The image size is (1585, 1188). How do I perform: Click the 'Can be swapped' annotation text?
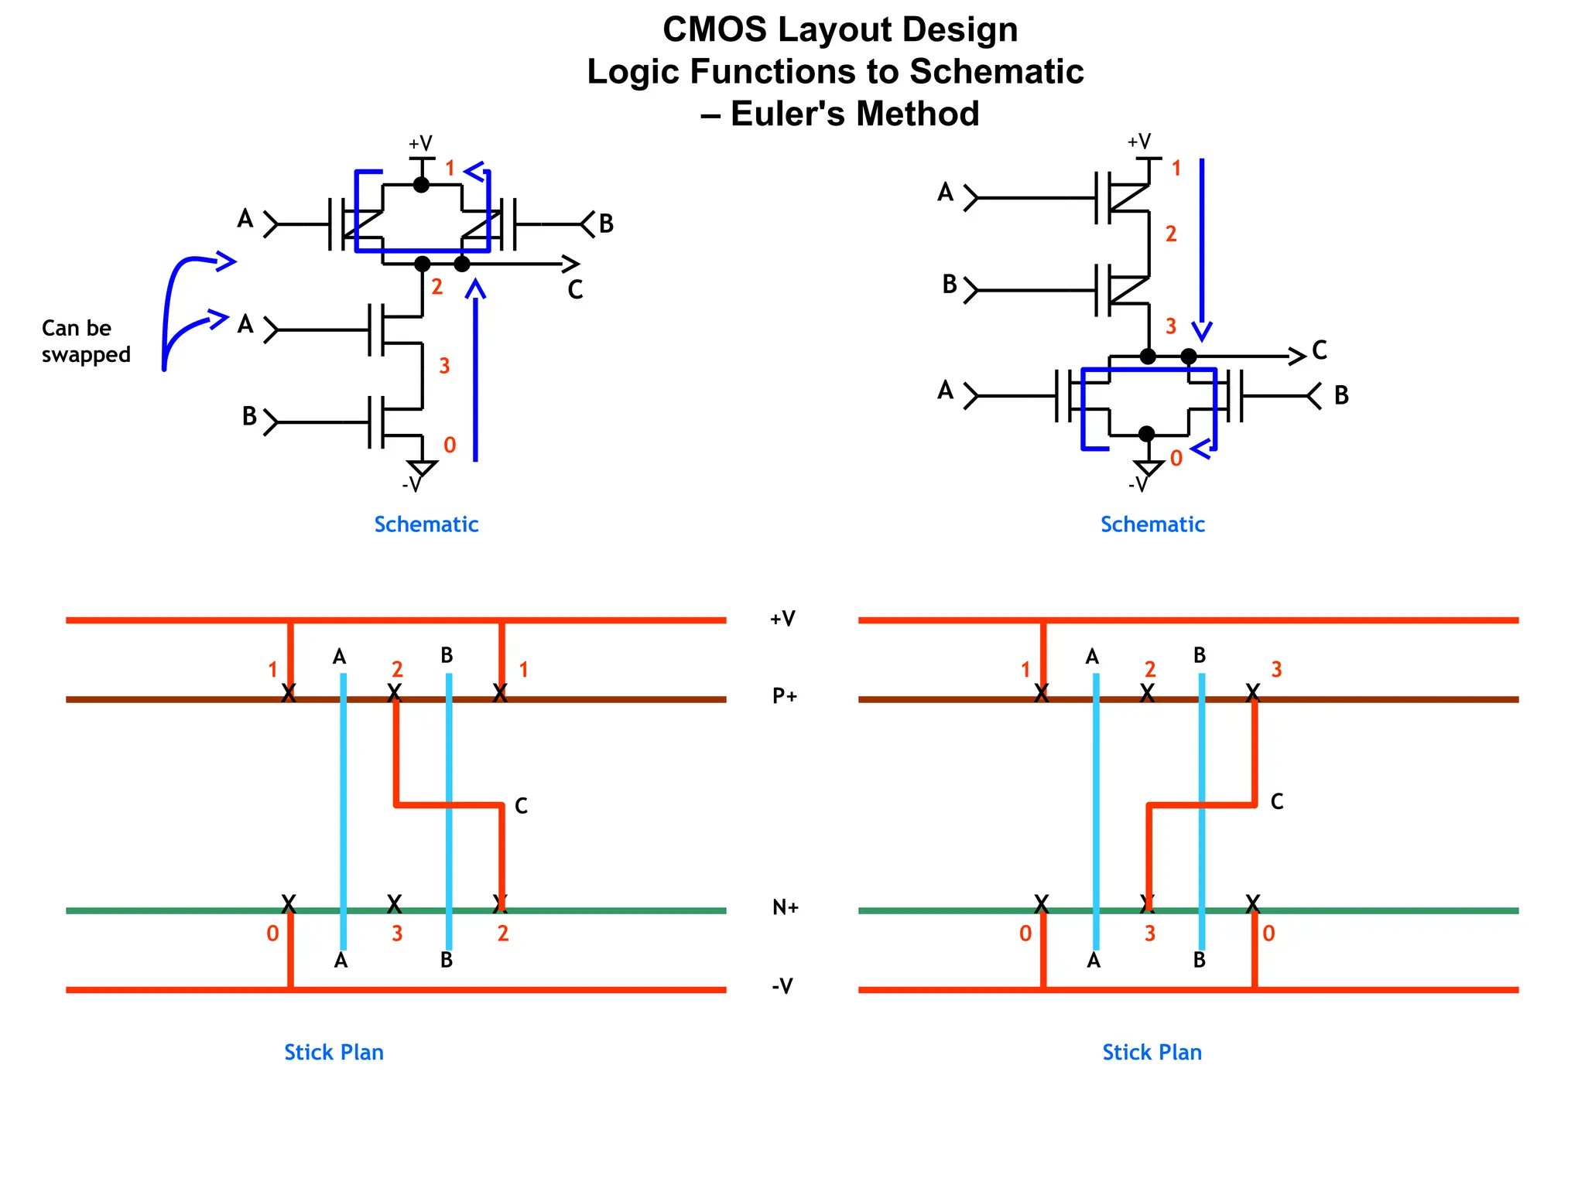(x=85, y=341)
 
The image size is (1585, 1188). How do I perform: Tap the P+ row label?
(x=785, y=696)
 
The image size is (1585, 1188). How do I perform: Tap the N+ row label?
(x=786, y=907)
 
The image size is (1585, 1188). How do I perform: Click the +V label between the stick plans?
(x=782, y=619)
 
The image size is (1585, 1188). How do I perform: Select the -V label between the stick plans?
(x=782, y=986)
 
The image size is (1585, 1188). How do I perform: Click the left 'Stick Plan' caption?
(x=334, y=1053)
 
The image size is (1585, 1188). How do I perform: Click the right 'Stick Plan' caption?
(x=1152, y=1053)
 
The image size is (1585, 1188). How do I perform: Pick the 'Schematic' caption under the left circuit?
(x=426, y=524)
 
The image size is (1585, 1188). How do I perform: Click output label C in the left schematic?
(x=575, y=290)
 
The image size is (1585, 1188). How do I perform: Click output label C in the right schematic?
(x=1320, y=350)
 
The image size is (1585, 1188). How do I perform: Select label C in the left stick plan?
(x=522, y=806)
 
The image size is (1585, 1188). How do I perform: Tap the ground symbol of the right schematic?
(x=1148, y=467)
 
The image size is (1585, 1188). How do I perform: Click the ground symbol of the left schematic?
(x=423, y=468)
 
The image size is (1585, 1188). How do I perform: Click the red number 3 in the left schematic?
(x=444, y=366)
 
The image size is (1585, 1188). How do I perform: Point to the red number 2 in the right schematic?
(x=1171, y=234)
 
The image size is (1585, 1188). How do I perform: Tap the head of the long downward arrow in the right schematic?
(x=1202, y=333)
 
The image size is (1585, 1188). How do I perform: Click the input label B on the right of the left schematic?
(x=606, y=224)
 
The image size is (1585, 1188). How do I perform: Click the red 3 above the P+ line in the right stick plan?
(x=1276, y=670)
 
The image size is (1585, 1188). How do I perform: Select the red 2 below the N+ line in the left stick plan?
(x=503, y=934)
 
